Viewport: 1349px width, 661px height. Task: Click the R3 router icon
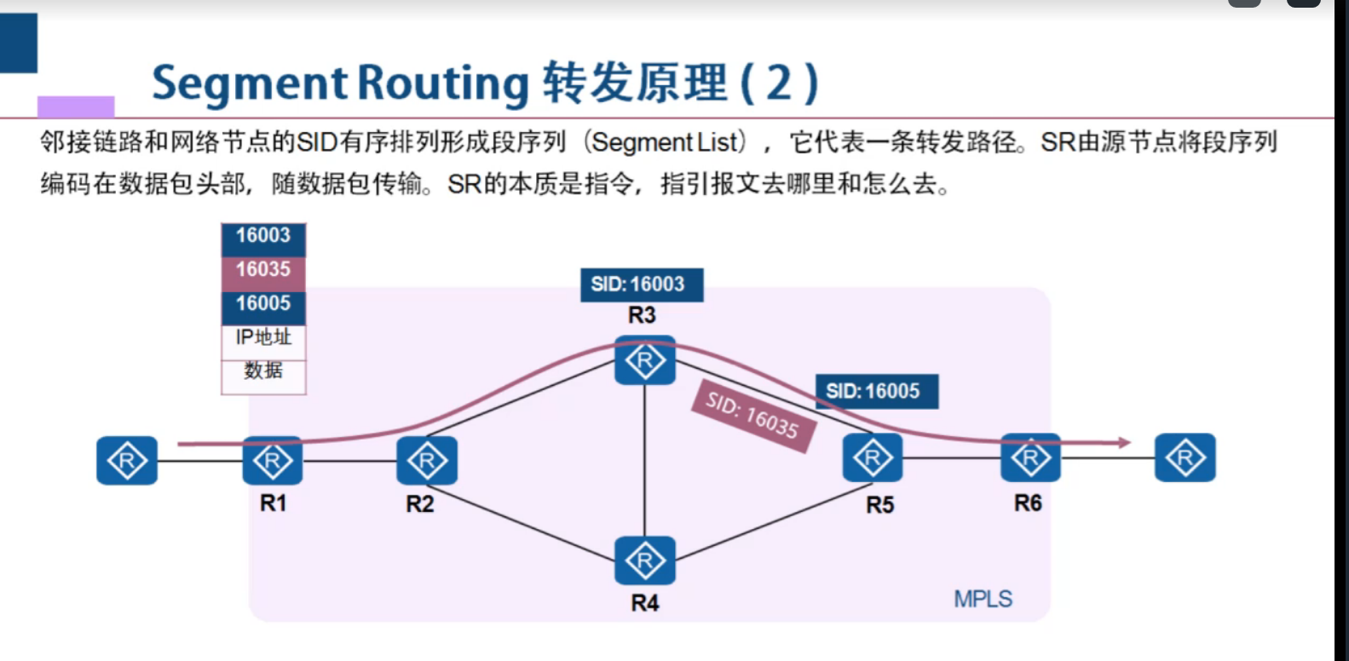pyautogui.click(x=645, y=360)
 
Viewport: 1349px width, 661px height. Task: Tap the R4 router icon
pyautogui.click(x=645, y=560)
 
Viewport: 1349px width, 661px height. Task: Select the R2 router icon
pyautogui.click(x=427, y=461)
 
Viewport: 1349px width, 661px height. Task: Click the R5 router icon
pyautogui.click(x=872, y=457)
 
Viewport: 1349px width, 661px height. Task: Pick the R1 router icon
pyautogui.click(x=273, y=461)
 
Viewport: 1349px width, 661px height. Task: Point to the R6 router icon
pyautogui.click(x=1030, y=458)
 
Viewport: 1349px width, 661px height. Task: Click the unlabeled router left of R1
pyautogui.click(x=127, y=461)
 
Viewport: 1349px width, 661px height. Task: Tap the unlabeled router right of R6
pyautogui.click(x=1185, y=458)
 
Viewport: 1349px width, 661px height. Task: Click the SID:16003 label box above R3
pyautogui.click(x=641, y=285)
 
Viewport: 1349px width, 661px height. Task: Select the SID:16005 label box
pyautogui.click(x=876, y=391)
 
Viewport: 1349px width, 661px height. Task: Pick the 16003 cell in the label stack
pyautogui.click(x=263, y=236)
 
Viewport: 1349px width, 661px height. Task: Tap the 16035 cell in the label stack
pyautogui.click(x=263, y=270)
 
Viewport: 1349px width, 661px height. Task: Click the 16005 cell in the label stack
pyautogui.click(x=263, y=304)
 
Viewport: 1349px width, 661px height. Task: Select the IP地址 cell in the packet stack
pyautogui.click(x=263, y=337)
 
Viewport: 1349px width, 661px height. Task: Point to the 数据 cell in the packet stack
pyautogui.click(x=263, y=371)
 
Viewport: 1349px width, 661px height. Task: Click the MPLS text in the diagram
pyautogui.click(x=983, y=599)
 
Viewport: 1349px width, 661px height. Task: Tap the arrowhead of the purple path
pyautogui.click(x=1125, y=442)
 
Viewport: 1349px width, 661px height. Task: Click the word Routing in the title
pyautogui.click(x=442, y=83)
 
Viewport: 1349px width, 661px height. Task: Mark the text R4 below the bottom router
pyautogui.click(x=645, y=603)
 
